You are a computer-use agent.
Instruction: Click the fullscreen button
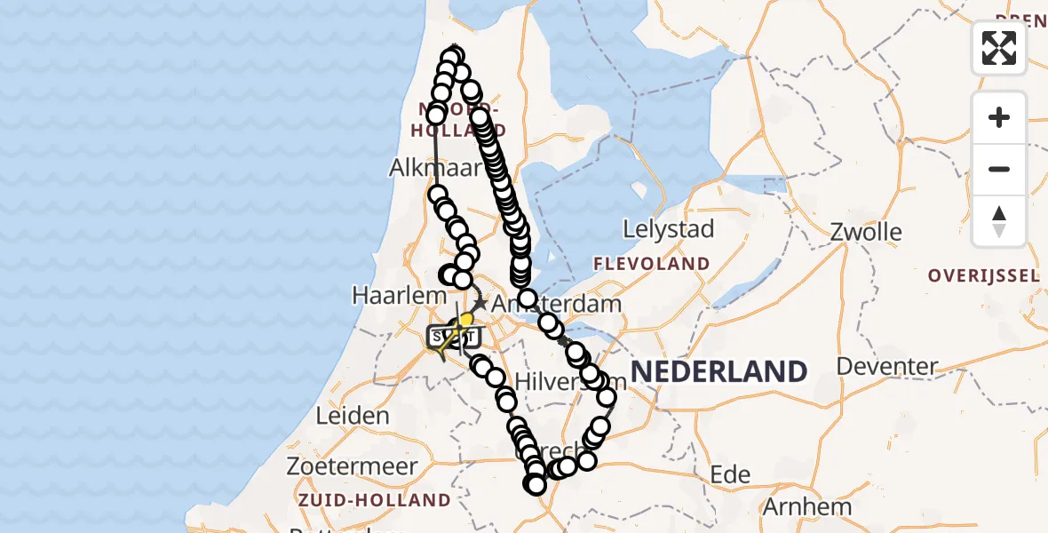999,47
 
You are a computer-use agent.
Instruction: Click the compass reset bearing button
999,221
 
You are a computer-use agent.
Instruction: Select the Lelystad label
668,229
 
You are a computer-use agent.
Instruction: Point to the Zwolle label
866,233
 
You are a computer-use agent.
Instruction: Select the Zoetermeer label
352,466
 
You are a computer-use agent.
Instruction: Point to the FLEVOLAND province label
651,264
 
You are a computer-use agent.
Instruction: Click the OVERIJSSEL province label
983,275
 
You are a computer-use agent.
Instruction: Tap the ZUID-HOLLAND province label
376,500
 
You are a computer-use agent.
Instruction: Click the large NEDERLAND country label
719,370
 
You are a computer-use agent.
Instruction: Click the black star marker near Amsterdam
480,303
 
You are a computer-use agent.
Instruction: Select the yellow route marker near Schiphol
465,318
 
